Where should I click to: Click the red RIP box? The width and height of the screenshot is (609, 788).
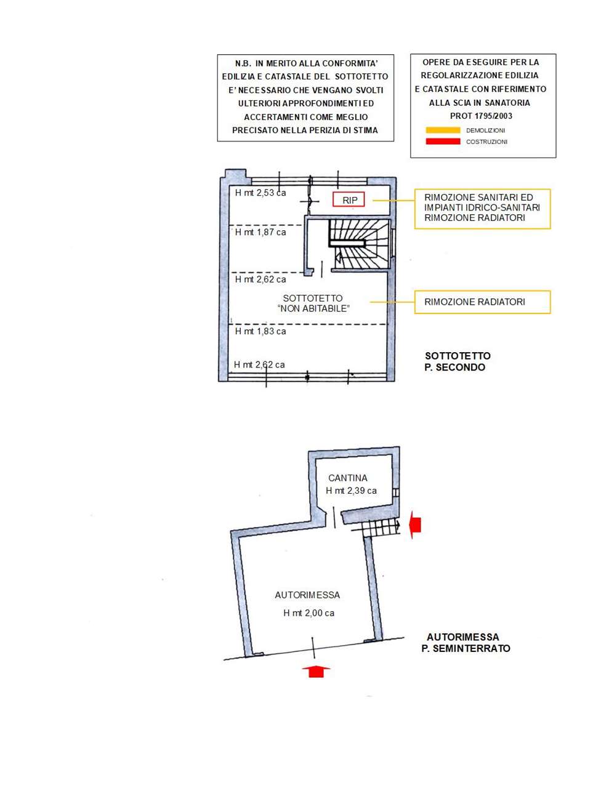coord(349,200)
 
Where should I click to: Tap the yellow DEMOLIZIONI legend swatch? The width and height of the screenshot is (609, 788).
coord(443,131)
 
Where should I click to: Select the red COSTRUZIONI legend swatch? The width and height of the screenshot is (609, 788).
coord(443,142)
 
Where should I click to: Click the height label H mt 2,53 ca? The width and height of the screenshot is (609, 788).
coord(260,193)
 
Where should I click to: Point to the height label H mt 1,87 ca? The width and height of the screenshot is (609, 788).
coord(260,233)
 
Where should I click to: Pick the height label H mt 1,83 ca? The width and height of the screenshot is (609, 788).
coord(260,331)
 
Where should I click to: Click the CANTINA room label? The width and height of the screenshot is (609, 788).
coord(348,478)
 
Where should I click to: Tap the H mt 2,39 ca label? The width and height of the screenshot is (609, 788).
coord(351,491)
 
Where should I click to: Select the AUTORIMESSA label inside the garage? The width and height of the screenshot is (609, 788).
coord(307,595)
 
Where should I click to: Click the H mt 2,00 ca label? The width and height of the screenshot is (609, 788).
coord(309,613)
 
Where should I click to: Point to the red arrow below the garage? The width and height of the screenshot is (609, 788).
coord(316,671)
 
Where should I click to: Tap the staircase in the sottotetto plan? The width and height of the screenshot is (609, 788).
coord(360,244)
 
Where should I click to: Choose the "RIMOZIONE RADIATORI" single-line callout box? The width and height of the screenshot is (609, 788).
coord(482,302)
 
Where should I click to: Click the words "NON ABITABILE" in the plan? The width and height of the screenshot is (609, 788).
coord(314,308)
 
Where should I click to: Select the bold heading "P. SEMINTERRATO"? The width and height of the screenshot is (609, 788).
coord(466,648)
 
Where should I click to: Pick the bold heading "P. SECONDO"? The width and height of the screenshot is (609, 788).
coord(454,368)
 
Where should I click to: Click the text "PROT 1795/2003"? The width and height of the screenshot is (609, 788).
coord(481,116)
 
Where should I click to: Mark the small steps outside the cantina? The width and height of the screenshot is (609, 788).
coord(380,527)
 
